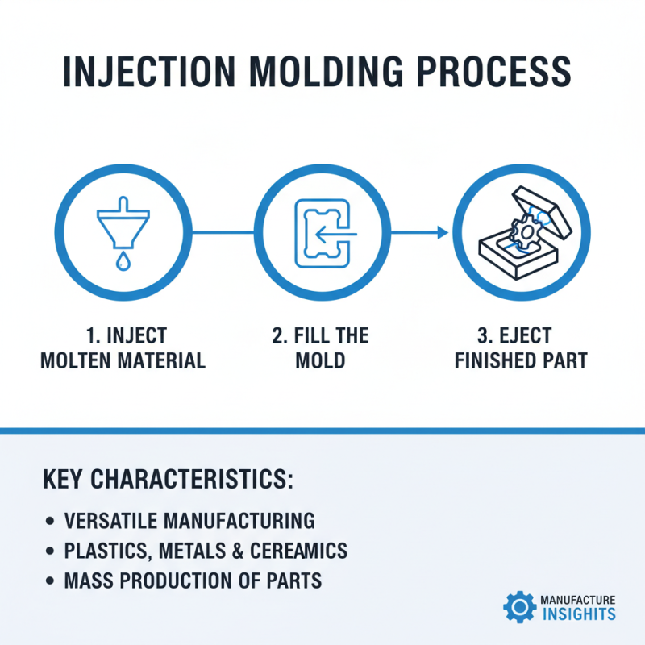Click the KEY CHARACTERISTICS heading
coord(168,478)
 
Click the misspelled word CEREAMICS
coord(293,551)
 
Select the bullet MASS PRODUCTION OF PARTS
coord(193,580)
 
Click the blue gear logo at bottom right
coord(518,606)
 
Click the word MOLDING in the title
coord(322,72)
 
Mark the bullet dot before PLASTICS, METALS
coord(51,551)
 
